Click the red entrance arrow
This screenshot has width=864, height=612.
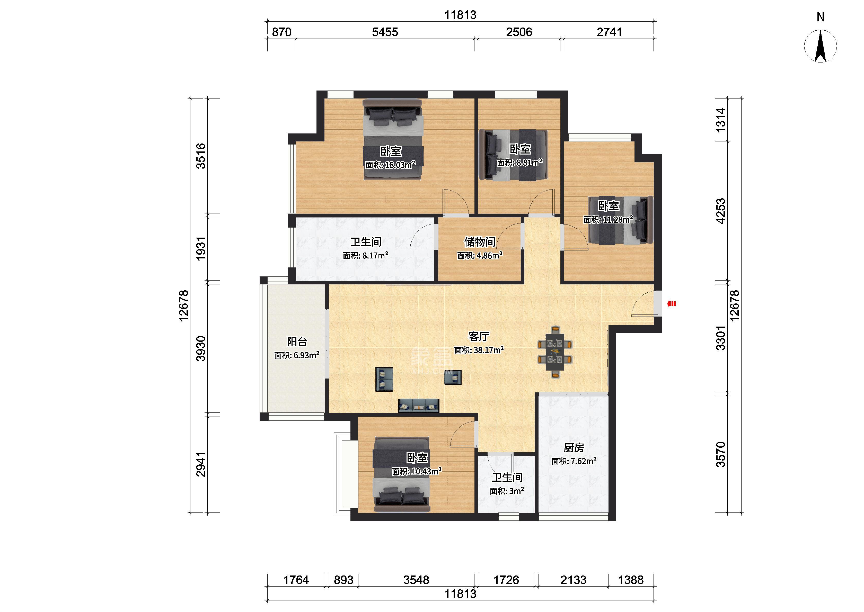pyautogui.click(x=671, y=303)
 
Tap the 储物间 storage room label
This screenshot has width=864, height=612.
pyautogui.click(x=480, y=241)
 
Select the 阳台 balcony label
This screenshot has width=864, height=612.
pyautogui.click(x=297, y=341)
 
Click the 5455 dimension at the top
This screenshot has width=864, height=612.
pyautogui.click(x=385, y=32)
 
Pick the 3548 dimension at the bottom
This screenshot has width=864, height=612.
pyautogui.click(x=416, y=580)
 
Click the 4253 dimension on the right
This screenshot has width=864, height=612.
pyautogui.click(x=720, y=211)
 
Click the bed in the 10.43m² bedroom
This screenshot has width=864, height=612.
pyautogui.click(x=401, y=474)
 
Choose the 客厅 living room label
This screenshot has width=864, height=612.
pyautogui.click(x=479, y=336)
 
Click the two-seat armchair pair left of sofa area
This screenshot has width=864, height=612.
pyautogui.click(x=384, y=379)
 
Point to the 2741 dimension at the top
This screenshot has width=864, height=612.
pyautogui.click(x=609, y=32)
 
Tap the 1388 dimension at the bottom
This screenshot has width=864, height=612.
pyautogui.click(x=631, y=580)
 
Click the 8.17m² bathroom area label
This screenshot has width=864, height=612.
pyautogui.click(x=365, y=256)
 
